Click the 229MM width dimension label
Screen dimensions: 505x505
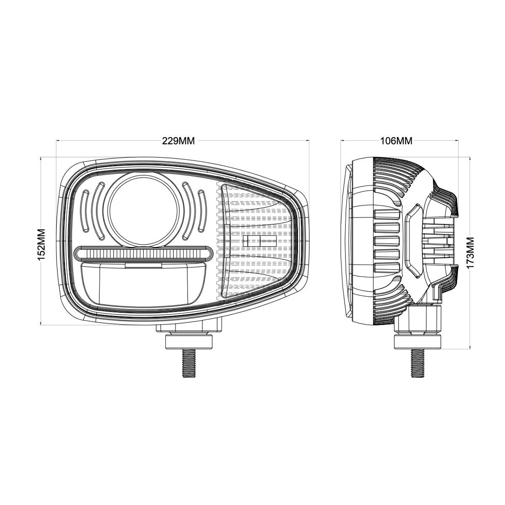pos(178,141)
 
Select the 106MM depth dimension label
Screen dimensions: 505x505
pos(396,141)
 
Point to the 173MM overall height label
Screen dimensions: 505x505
pos(470,252)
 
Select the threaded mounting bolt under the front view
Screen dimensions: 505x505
pos(189,363)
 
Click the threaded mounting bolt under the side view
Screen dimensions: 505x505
pos(417,363)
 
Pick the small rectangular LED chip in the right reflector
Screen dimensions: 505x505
pos(260,241)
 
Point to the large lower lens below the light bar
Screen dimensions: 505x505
pos(143,284)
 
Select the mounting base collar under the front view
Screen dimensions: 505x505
pos(189,341)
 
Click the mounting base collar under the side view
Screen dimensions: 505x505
pos(417,341)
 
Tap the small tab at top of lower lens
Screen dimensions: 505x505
pos(143,265)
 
